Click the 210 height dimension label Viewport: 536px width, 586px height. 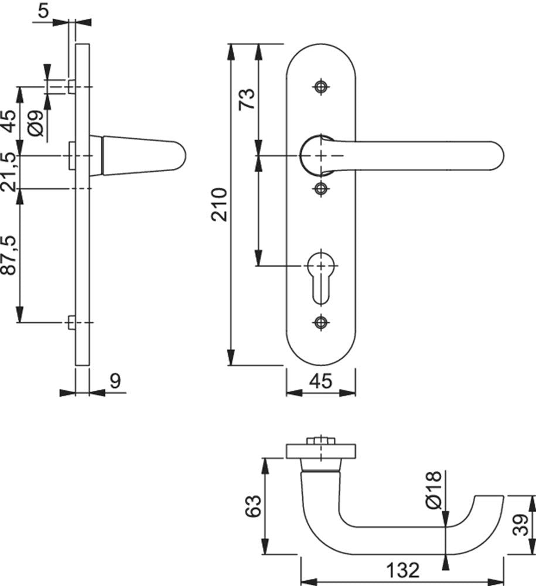219,205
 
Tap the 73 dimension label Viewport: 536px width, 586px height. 247,99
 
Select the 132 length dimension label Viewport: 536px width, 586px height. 402,570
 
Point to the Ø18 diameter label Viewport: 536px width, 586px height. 433,490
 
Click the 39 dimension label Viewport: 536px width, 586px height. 520,524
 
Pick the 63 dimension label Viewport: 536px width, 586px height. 253,506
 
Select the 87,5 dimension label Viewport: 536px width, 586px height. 9,255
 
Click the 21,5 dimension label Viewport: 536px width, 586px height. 9,172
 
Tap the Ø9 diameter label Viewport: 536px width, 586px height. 36,124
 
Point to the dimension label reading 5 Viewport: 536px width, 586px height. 43,11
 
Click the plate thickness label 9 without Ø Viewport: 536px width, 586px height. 116,381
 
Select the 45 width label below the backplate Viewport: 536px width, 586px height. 321,381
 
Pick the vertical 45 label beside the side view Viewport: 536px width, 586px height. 9,122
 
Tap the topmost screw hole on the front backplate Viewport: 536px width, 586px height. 321,87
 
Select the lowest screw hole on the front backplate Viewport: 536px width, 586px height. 321,322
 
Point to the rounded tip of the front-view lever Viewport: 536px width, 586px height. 500,156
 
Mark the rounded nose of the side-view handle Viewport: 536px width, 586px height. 181,156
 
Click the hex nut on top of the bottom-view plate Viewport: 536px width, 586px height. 320,441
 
